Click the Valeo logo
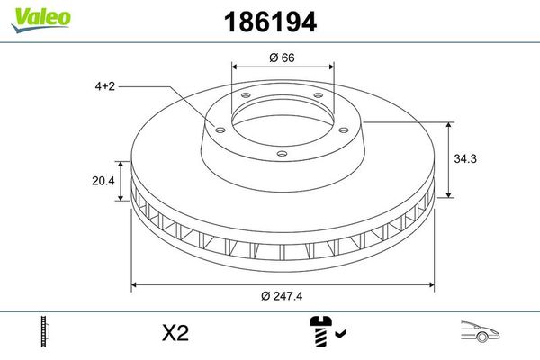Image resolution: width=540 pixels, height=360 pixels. click(x=41, y=20)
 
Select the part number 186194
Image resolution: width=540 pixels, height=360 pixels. click(x=270, y=22)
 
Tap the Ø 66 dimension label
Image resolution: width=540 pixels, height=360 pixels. click(x=282, y=58)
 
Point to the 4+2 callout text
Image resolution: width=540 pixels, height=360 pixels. click(x=105, y=86)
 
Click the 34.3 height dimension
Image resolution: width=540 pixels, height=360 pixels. click(x=465, y=158)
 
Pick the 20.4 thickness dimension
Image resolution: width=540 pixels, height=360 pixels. click(x=103, y=181)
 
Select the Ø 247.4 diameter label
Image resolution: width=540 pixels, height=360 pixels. click(x=282, y=296)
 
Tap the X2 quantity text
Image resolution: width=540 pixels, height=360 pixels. click(x=175, y=333)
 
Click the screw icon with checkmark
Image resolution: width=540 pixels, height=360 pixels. click(x=328, y=330)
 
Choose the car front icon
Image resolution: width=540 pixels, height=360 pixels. click(x=480, y=331)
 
